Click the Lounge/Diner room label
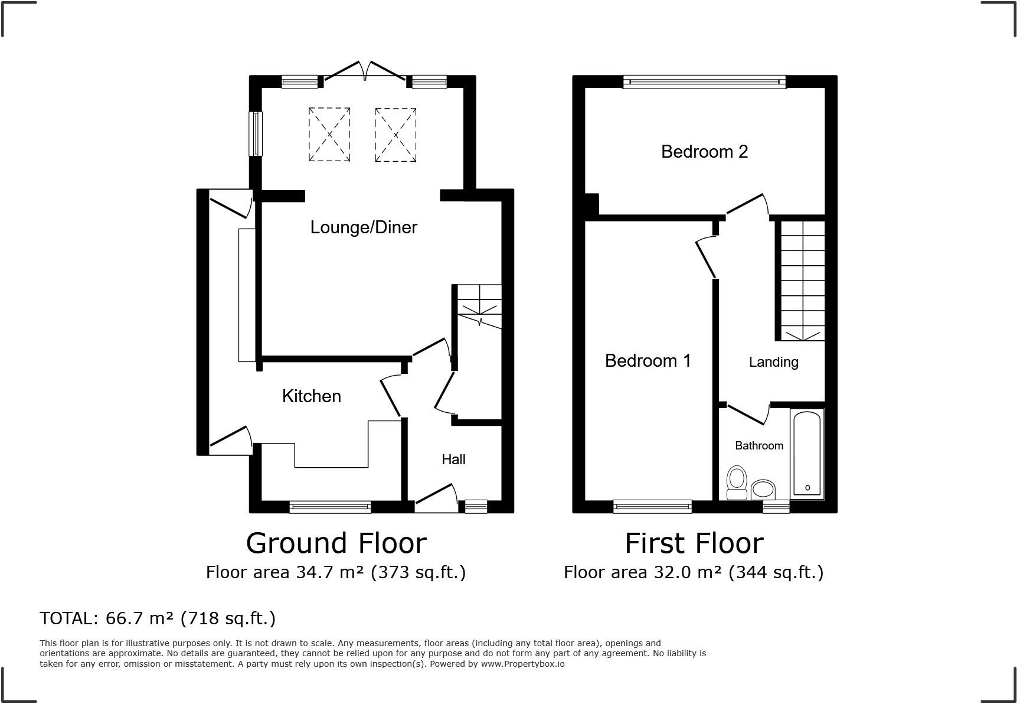364,227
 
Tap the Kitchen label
312,396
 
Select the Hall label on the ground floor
453,459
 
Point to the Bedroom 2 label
704,152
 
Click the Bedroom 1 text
648,360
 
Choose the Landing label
773,362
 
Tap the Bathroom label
759,445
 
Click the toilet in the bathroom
737,483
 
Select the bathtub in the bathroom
806,454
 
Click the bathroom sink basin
763,490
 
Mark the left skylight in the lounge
329,135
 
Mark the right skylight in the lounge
395,135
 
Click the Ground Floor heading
336,543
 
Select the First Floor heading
694,543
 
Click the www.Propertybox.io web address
522,664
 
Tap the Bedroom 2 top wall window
704,82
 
